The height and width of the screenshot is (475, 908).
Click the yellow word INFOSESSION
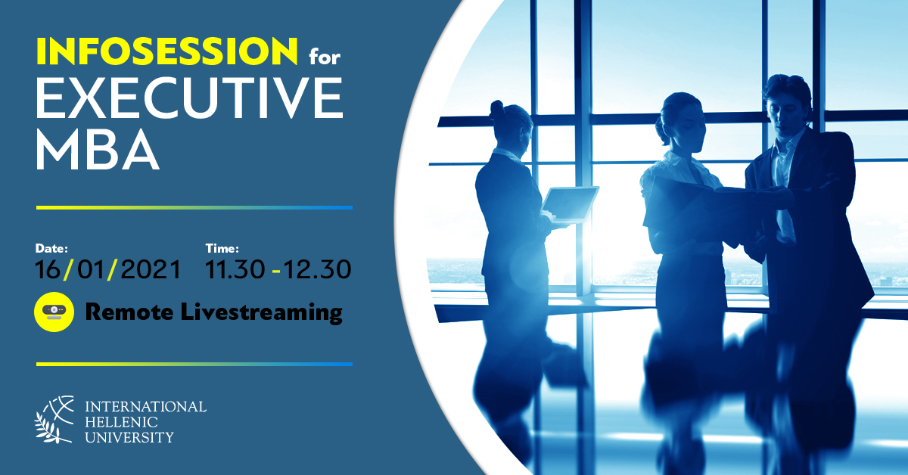point(167,51)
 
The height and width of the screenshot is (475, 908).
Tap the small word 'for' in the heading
point(325,57)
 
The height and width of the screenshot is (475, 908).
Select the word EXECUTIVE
point(190,98)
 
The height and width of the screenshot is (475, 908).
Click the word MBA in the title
point(98,150)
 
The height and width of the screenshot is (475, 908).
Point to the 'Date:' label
point(51,248)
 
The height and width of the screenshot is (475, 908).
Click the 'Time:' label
point(222,248)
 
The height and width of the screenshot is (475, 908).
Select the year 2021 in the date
point(151,269)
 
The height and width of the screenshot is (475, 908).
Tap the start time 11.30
point(235,269)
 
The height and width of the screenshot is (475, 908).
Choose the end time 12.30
point(317,269)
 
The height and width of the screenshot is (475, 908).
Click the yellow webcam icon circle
point(54,312)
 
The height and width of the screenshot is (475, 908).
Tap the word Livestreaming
point(262,312)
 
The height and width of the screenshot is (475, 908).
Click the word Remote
point(129,312)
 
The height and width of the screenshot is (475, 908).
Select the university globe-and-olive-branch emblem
point(54,420)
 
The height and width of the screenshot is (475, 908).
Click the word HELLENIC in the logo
point(121,422)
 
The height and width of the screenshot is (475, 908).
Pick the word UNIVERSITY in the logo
point(129,437)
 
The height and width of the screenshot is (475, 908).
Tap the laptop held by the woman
point(570,205)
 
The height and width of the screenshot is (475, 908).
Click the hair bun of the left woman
point(496,109)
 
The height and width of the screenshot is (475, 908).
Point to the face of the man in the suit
point(785,110)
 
